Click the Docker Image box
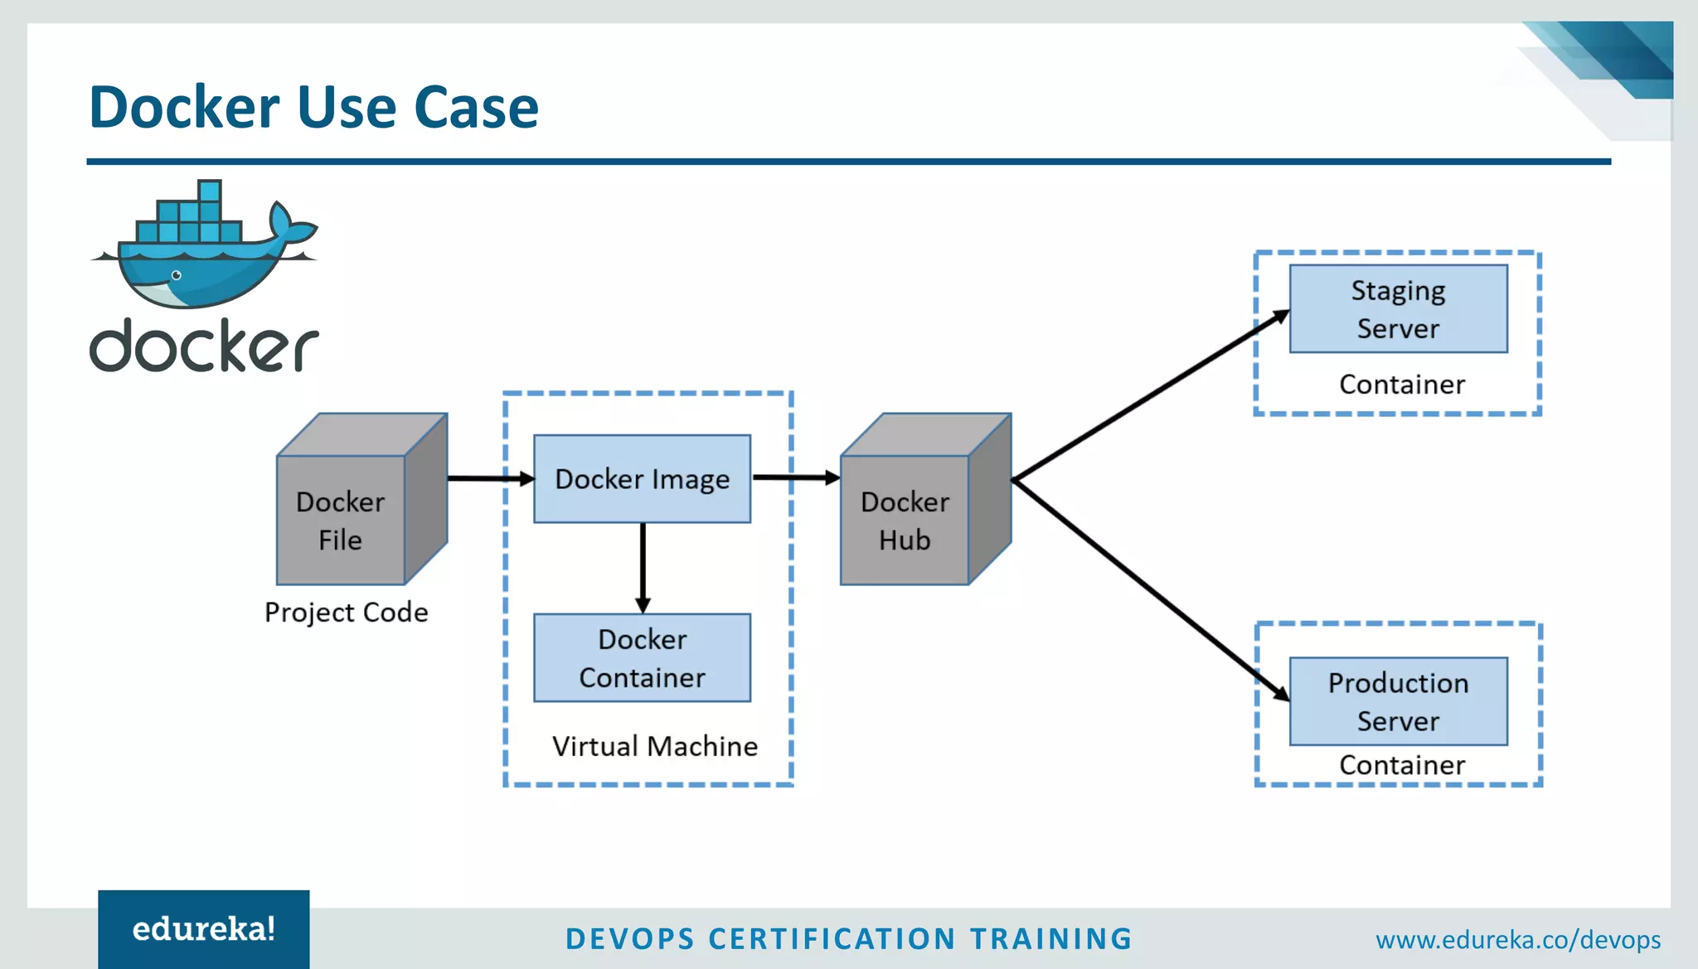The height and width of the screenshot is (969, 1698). point(642,478)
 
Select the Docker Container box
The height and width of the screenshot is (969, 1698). point(642,657)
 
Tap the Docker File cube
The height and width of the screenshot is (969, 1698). point(341,520)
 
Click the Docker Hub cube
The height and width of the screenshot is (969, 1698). point(905,520)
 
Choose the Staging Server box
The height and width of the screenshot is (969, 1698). point(1398,308)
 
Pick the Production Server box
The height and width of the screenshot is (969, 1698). point(1398,701)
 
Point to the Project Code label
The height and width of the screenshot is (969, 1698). point(346,612)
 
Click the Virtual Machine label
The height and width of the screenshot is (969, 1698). point(654,746)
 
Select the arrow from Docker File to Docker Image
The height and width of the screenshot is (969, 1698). point(489,478)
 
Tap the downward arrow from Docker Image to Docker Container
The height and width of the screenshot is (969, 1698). point(643,568)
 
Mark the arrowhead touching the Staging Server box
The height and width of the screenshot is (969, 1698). point(1281,316)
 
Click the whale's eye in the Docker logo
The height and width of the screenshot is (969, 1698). point(176,275)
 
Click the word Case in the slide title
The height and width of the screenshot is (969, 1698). point(476,108)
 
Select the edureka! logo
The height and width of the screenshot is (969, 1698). point(203,929)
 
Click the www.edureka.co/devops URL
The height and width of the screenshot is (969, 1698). point(1517,939)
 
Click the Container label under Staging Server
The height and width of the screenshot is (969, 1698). point(1401,385)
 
